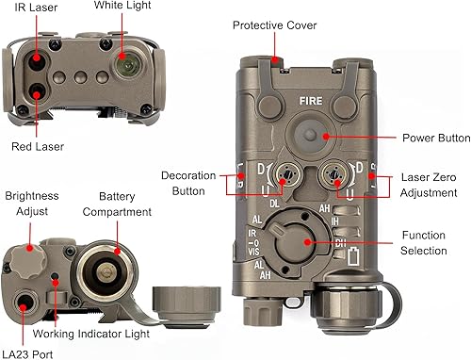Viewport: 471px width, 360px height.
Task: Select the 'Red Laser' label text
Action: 38,146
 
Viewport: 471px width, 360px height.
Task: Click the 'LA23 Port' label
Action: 27,353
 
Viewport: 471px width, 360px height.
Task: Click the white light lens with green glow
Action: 124,65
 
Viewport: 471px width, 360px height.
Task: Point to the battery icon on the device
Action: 353,255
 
